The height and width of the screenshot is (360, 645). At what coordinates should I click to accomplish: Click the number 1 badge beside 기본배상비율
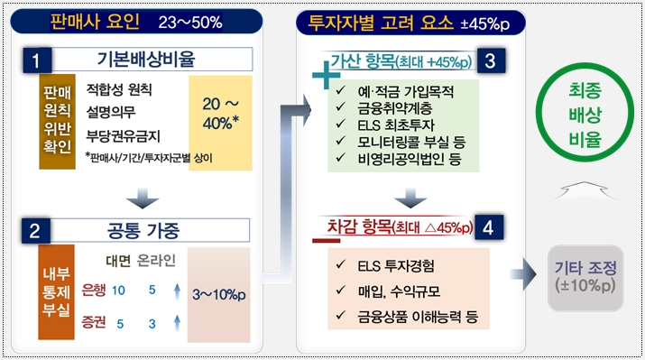pos(35,61)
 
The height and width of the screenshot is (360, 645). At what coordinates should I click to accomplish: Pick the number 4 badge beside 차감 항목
pos(488,227)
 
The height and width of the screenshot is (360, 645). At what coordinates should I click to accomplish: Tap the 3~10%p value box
pos(220,294)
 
